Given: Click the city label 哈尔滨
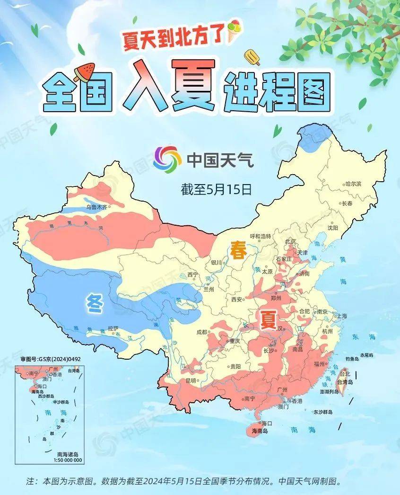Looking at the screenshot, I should pyautogui.click(x=353, y=184).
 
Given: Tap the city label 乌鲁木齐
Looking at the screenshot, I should pyautogui.click(x=97, y=207).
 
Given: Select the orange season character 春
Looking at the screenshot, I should pyautogui.click(x=238, y=251).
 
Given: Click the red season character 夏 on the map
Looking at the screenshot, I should pyautogui.click(x=267, y=320).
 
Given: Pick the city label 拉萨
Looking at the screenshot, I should pyautogui.click(x=113, y=328).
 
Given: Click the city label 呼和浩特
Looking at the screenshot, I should pyautogui.click(x=261, y=236).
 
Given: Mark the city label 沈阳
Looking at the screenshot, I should pyautogui.click(x=333, y=228).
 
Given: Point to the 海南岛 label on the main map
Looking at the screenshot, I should pyautogui.click(x=260, y=431).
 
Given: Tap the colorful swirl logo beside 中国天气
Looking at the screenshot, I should pyautogui.click(x=167, y=159).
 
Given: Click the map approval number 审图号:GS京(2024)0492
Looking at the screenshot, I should pyautogui.click(x=51, y=359).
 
